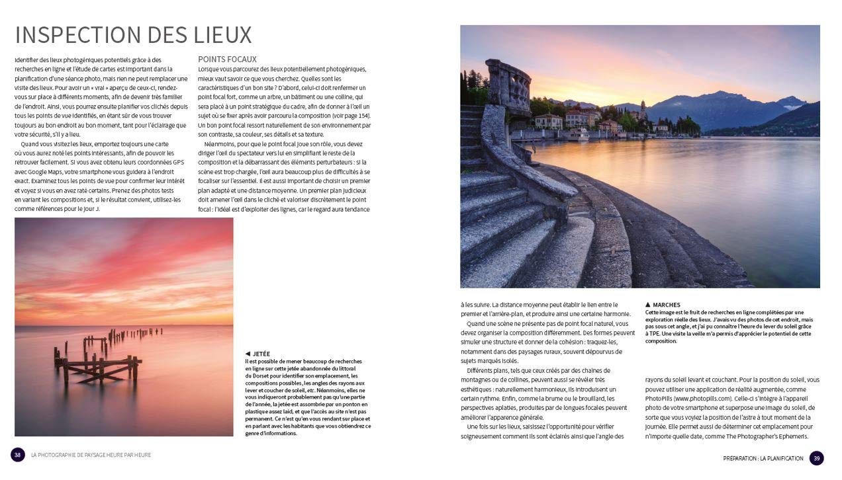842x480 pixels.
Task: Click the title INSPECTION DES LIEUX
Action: (x=133, y=34)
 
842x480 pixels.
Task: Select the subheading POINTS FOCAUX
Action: (x=227, y=59)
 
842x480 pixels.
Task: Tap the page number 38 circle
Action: (x=18, y=455)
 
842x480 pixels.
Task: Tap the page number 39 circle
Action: (x=816, y=458)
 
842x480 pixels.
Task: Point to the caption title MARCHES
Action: (x=666, y=305)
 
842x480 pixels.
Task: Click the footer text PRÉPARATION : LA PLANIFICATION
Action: (x=763, y=458)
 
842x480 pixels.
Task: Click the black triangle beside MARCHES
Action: (x=648, y=305)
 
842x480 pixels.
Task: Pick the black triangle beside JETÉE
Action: (x=248, y=354)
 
